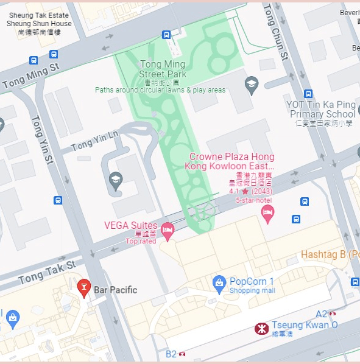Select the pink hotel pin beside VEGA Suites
(x=167, y=230)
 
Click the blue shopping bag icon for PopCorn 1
(x=219, y=282)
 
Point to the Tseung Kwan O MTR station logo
(x=261, y=329)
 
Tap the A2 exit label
(x=321, y=314)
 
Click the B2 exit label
(x=171, y=353)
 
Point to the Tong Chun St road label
(x=275, y=30)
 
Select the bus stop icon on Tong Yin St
(x=58, y=200)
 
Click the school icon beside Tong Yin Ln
(x=115, y=179)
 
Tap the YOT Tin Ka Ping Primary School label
(x=320, y=110)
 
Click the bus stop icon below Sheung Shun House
(x=34, y=60)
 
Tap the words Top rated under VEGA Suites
(x=141, y=241)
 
